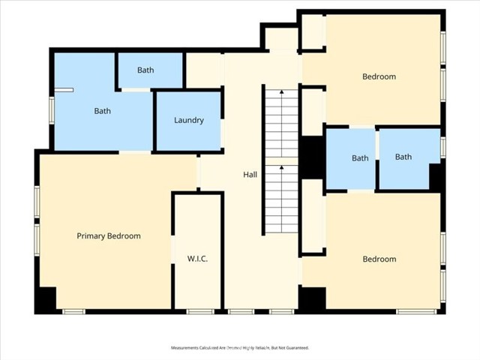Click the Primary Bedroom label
point(109,236)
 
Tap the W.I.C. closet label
point(197,259)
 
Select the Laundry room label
point(189,121)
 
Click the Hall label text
point(250,175)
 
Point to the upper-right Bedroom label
point(379,76)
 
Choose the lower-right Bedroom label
point(379,259)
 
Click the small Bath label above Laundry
point(145,70)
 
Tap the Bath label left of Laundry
point(102,111)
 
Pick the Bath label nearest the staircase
point(360,158)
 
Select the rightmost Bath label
point(403,157)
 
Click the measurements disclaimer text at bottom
point(240,348)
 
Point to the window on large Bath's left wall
point(51,109)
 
